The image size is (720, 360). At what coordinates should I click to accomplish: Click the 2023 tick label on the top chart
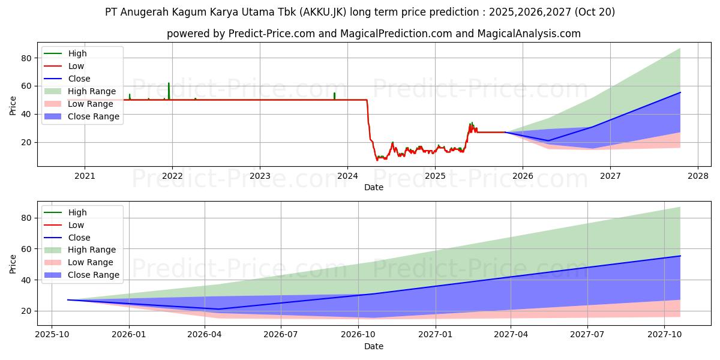pos(260,176)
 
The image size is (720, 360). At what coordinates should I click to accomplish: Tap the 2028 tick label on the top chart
pos(698,176)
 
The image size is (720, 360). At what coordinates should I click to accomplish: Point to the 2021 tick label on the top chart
pos(85,176)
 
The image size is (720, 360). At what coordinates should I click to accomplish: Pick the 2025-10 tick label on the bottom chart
pos(52,335)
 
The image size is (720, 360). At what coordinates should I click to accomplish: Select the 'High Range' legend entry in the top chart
pos(91,91)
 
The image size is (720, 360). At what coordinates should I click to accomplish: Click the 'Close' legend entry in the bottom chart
pos(79,238)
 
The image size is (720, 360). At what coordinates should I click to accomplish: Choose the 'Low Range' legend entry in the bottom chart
pos(91,263)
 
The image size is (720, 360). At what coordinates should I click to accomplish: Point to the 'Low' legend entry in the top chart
pos(76,66)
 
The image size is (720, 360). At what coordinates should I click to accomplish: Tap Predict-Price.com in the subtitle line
pos(271,34)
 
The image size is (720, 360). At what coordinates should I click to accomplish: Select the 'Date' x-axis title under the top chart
pos(374,187)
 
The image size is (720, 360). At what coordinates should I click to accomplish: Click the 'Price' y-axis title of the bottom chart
pos(13,263)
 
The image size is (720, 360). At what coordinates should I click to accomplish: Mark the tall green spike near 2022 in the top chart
pos(169,85)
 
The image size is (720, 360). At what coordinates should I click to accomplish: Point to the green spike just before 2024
pos(334,94)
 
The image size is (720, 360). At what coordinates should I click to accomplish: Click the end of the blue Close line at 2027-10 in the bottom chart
pos(680,256)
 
